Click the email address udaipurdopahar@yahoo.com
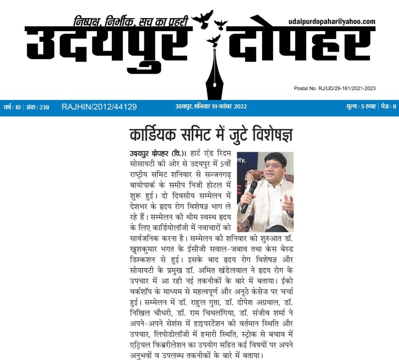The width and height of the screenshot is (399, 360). click(332, 22)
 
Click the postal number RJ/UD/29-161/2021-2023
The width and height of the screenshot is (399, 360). click(335, 88)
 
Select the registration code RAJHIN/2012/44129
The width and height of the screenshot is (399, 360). click(99, 107)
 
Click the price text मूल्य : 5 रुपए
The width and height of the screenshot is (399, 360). click(361, 107)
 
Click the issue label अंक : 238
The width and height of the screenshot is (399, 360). click(37, 107)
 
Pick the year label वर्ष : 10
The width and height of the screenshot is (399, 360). click(12, 107)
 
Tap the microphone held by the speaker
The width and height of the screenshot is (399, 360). click(249, 195)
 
